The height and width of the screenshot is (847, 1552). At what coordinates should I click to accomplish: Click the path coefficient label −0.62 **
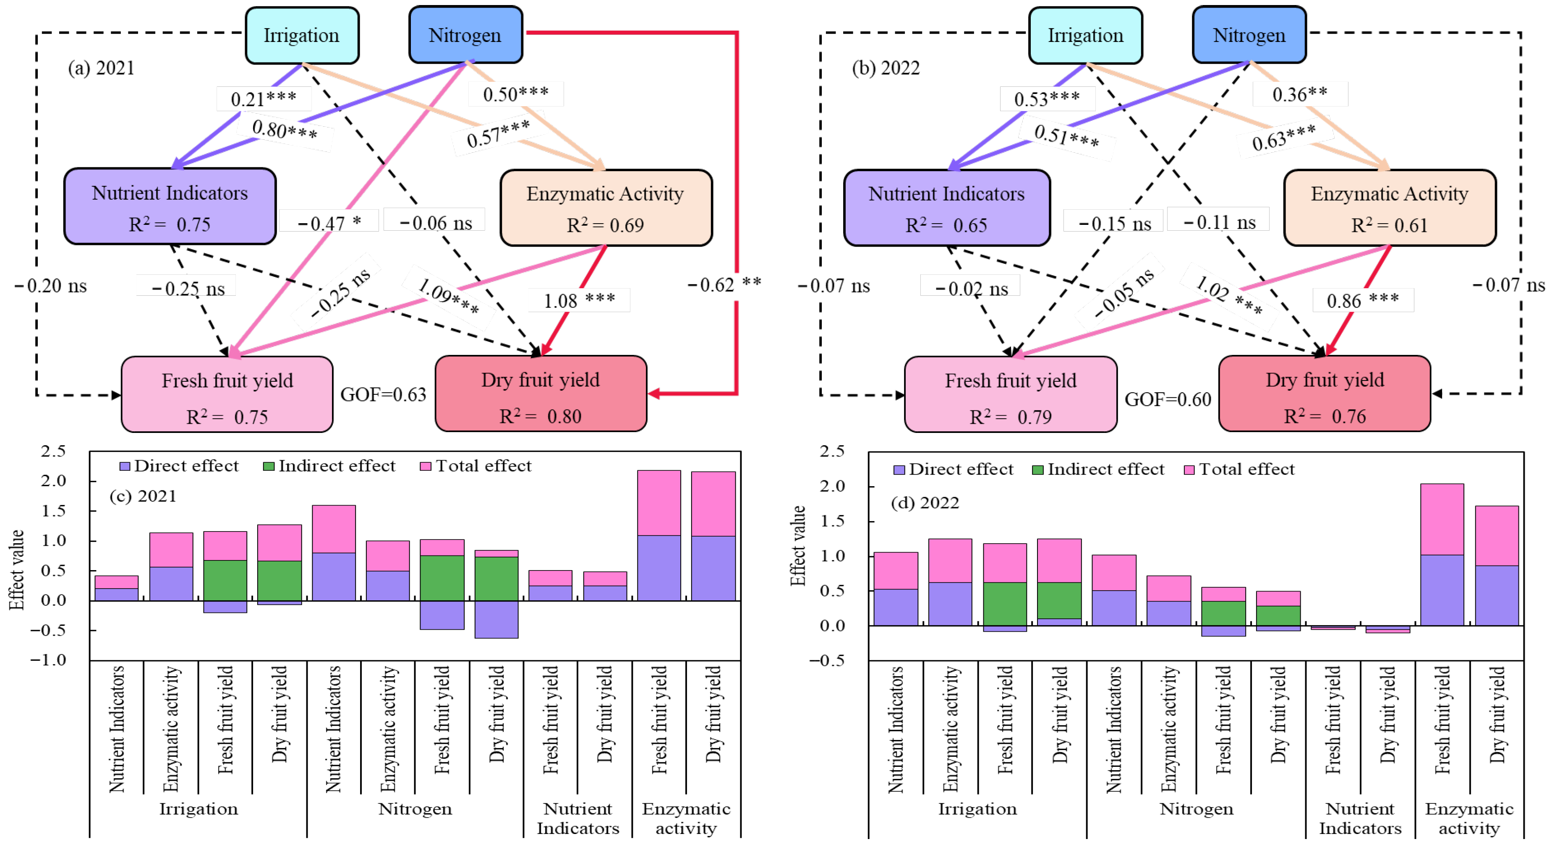pos(724,284)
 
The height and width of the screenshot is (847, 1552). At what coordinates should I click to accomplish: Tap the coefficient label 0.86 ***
pos(1363,300)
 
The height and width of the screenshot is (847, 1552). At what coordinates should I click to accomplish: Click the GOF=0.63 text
pos(383,395)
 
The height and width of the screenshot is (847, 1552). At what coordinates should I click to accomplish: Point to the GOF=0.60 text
pos(1168,399)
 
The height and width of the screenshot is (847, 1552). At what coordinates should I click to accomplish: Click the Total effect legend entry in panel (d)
pos(1239,469)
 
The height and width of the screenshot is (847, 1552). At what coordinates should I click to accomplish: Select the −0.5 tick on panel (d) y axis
pos(831,660)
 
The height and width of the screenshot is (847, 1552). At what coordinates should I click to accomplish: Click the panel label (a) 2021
pos(101,68)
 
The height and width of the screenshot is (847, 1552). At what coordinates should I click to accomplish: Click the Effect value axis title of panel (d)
pos(798,545)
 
